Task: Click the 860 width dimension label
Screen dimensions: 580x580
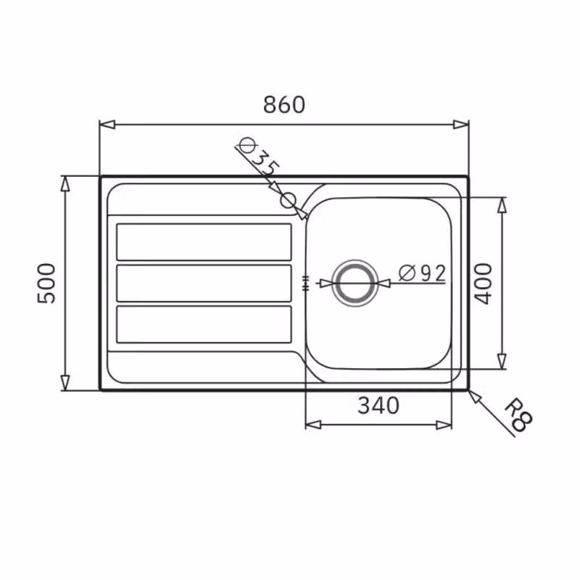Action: [x=284, y=104]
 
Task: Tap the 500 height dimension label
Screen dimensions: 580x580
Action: [x=46, y=283]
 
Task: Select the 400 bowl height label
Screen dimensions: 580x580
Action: [x=484, y=283]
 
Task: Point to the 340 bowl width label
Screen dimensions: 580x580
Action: [x=378, y=405]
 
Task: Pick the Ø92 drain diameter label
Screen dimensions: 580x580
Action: [x=423, y=273]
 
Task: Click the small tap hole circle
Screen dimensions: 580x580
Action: [x=289, y=201]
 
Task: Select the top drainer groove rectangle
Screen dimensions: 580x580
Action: [x=204, y=242]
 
